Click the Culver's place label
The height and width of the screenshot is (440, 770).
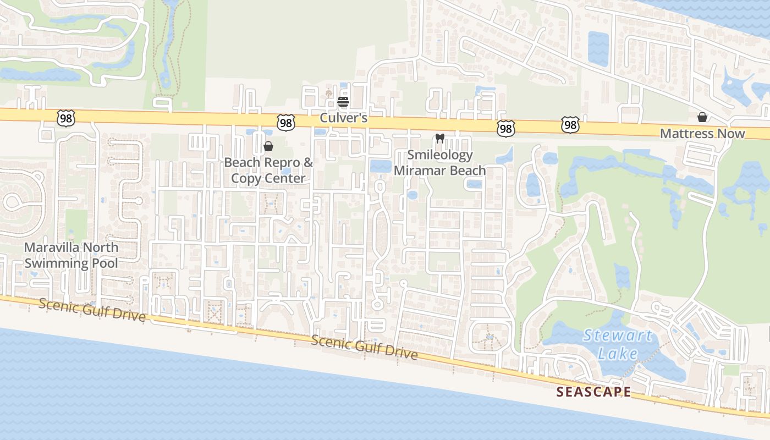coord(344,119)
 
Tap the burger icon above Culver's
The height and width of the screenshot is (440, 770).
coord(343,102)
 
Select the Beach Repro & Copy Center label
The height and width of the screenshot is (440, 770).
coord(268,170)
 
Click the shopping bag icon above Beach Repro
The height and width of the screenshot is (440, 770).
coord(268,146)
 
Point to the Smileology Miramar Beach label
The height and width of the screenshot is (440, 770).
coord(439,162)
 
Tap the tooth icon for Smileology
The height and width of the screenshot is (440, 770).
coord(439,139)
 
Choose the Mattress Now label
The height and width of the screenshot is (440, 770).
coord(702,134)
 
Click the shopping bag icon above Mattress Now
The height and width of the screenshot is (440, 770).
coord(702,117)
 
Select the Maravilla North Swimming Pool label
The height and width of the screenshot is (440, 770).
coord(71,255)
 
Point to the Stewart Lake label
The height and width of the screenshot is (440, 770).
coord(618,344)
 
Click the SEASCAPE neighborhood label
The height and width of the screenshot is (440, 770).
coord(593,392)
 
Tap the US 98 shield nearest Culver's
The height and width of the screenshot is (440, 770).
coord(286,123)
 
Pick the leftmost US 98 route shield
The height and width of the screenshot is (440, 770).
coord(65,117)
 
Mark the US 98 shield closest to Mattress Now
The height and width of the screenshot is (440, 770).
coord(570,125)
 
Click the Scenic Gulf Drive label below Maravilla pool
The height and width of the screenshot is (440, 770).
coord(92,310)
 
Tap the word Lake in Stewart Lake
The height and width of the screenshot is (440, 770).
coord(618,353)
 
